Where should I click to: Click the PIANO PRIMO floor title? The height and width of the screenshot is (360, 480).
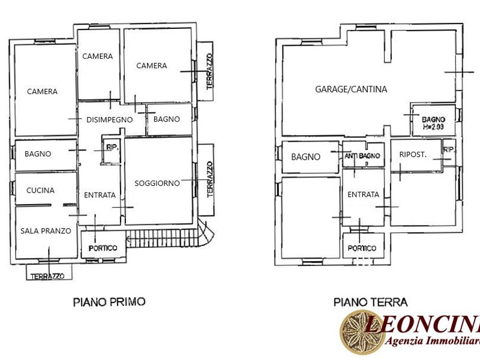(109, 302)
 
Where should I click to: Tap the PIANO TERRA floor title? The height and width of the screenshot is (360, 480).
(370, 302)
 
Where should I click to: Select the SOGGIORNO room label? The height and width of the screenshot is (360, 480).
(157, 184)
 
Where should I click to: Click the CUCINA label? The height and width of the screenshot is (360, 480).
(40, 190)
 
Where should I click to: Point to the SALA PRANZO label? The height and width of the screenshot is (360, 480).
(46, 231)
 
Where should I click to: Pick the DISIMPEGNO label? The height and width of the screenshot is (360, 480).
(109, 119)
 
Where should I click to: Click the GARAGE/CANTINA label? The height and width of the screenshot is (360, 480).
(351, 89)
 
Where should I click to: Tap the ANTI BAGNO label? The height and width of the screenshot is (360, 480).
(362, 156)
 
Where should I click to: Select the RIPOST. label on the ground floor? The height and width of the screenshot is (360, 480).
(413, 155)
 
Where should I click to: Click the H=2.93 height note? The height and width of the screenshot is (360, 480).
(433, 127)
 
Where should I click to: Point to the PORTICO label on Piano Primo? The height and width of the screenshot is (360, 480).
(103, 248)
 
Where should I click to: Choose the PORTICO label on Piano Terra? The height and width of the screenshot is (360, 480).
(362, 248)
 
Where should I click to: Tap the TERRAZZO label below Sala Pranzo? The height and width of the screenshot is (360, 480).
(47, 277)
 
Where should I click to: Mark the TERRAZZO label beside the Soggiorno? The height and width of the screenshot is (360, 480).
(209, 179)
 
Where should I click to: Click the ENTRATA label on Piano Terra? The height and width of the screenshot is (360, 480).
(364, 194)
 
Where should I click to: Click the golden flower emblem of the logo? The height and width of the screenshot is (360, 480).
(362, 332)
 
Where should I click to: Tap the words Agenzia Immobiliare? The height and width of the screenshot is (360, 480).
(432, 340)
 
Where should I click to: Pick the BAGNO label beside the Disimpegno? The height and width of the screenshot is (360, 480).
(167, 119)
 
